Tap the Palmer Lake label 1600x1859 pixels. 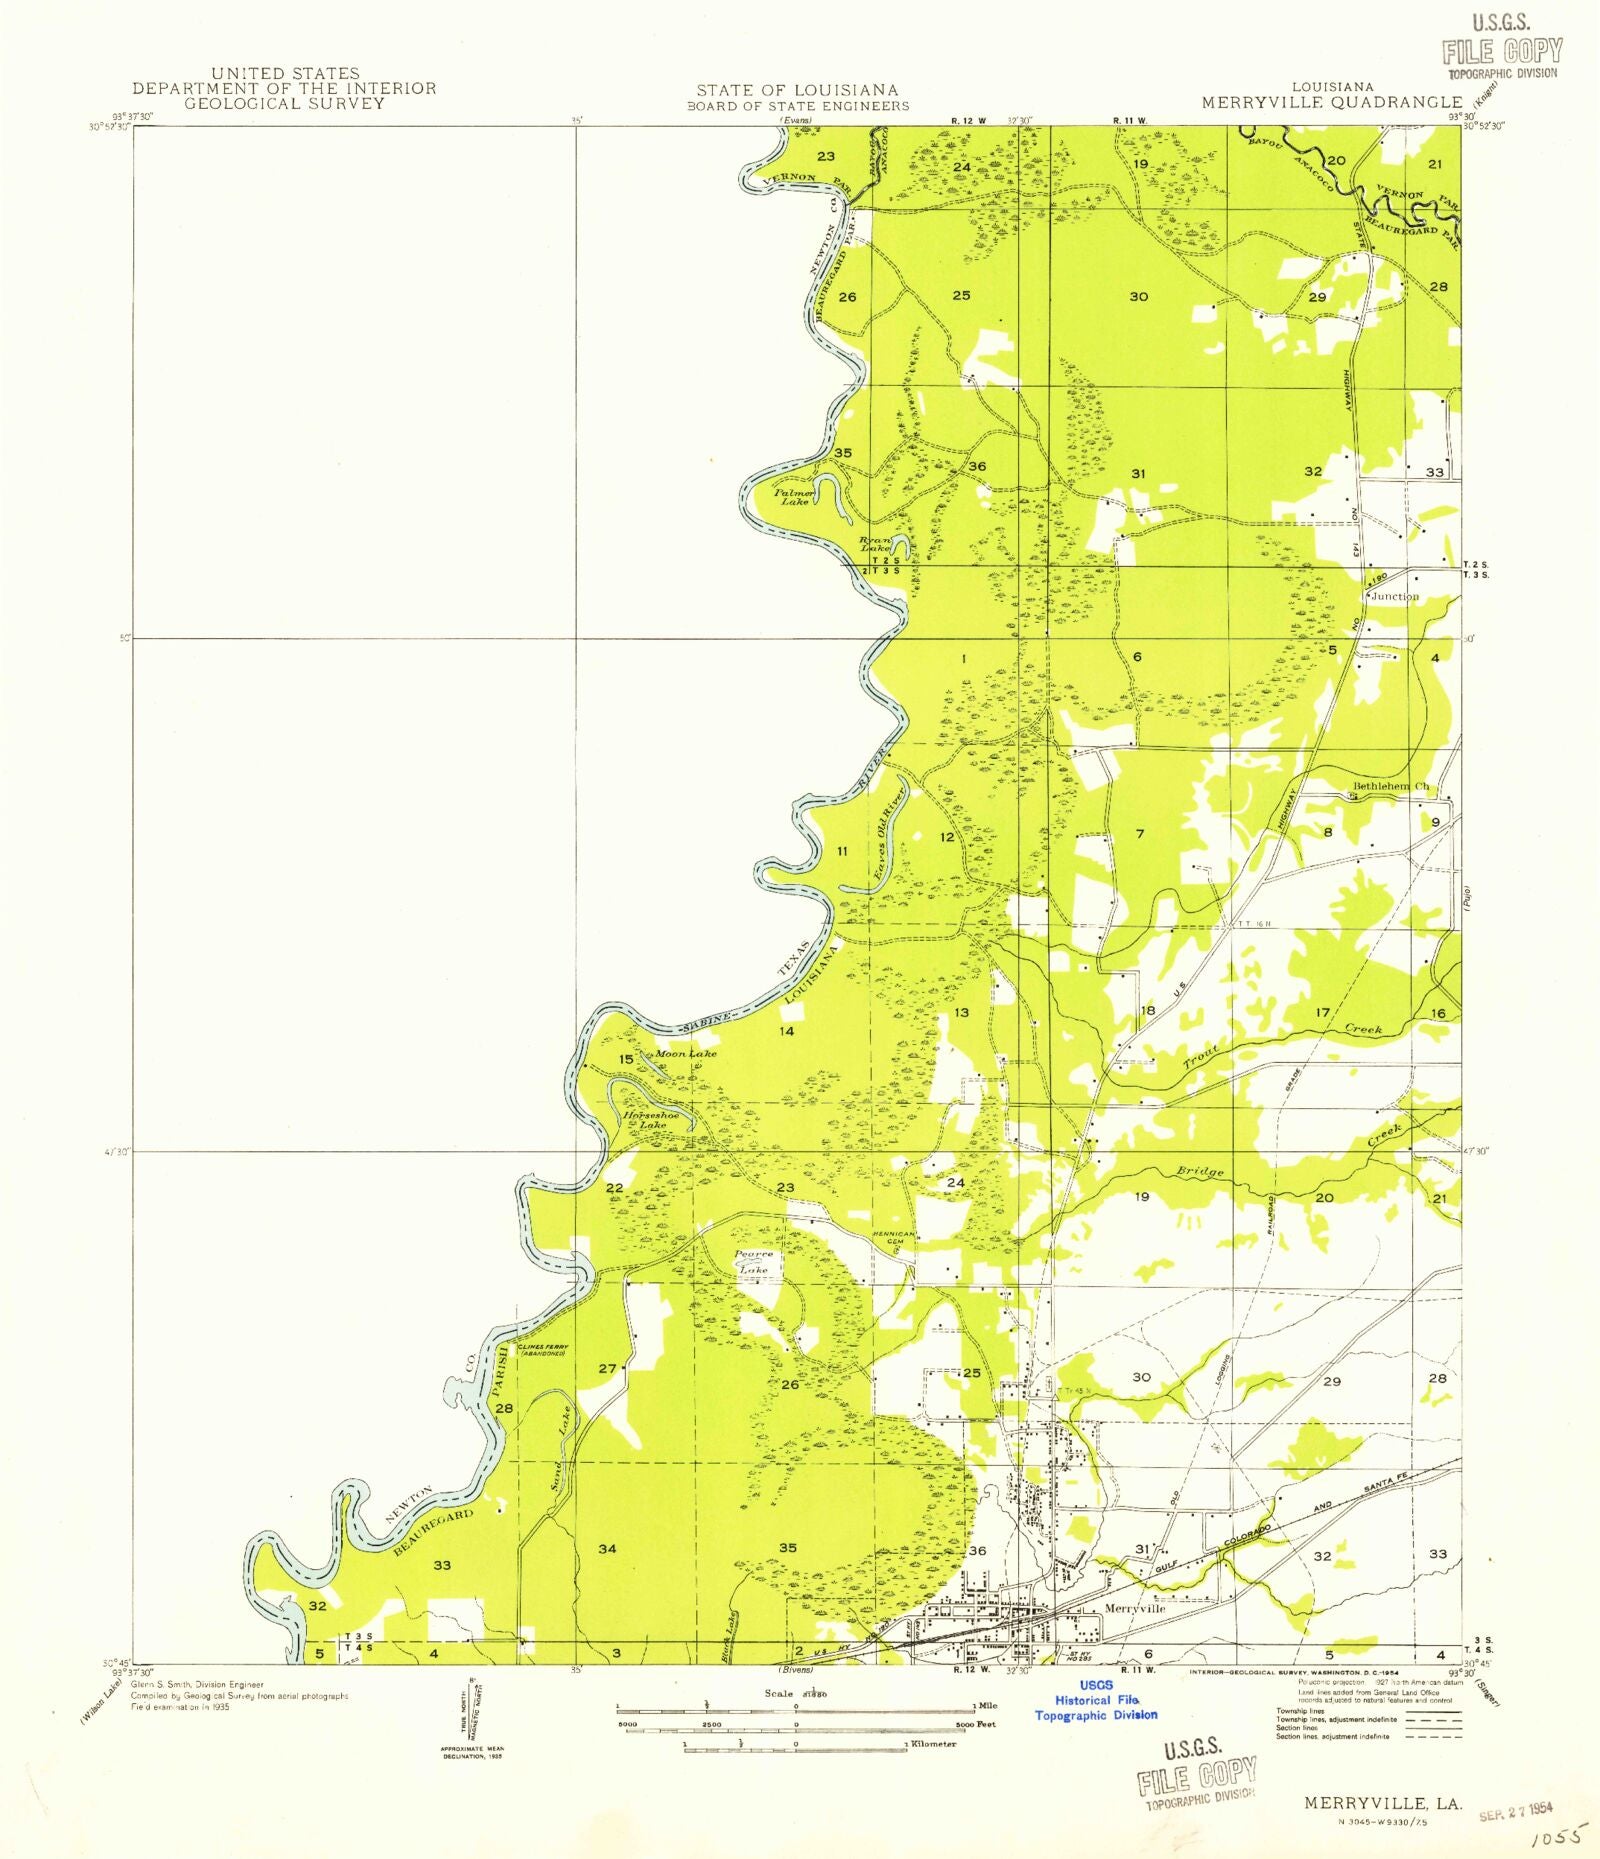click(795, 497)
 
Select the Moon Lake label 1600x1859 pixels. click(685, 1054)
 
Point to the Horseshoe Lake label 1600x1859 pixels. click(651, 1120)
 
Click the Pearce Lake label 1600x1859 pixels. click(753, 1262)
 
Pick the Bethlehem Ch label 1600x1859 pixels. click(1391, 786)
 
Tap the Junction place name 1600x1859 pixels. click(1395, 596)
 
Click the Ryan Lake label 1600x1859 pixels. click(875, 544)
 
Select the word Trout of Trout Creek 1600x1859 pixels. click(1201, 1057)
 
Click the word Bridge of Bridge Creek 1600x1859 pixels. click(1199, 1171)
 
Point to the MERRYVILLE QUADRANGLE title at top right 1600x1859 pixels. click(1331, 102)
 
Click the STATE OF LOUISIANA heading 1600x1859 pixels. click(797, 90)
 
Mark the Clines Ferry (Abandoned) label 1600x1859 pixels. click(543, 1350)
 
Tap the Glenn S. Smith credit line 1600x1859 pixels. click(197, 1685)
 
